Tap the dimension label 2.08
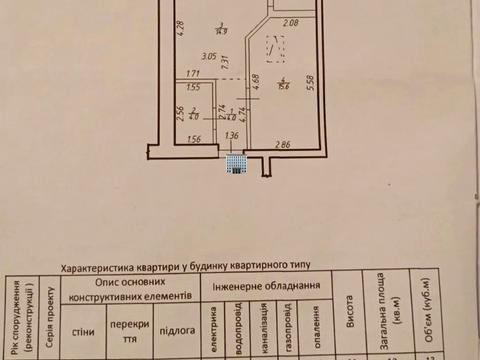pos(290,23)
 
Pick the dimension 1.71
pos(193,73)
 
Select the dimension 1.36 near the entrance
pos(232,137)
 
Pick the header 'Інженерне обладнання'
pos(267,286)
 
